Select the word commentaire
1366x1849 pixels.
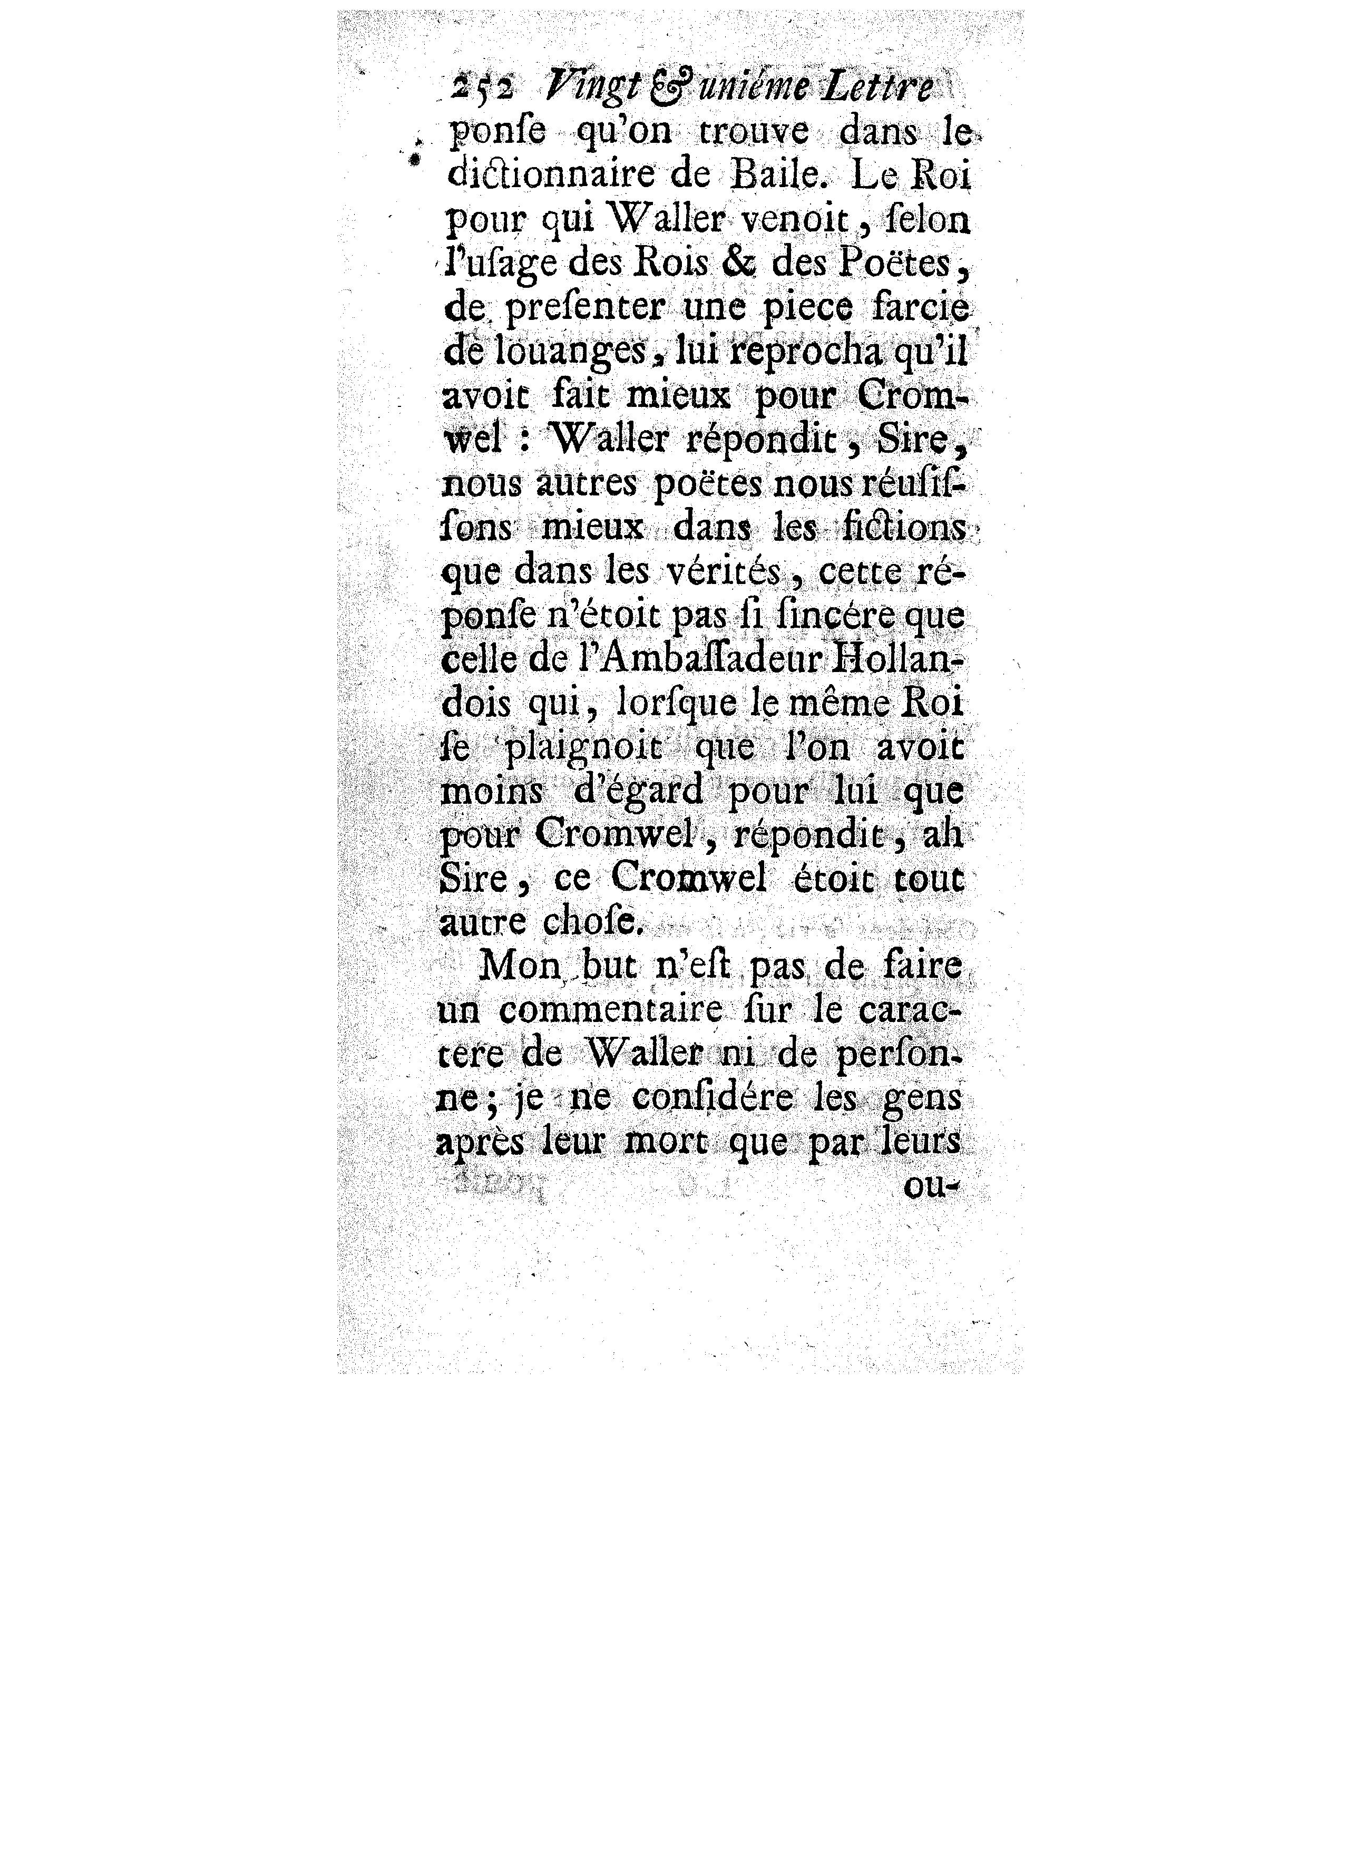point(613,1010)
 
